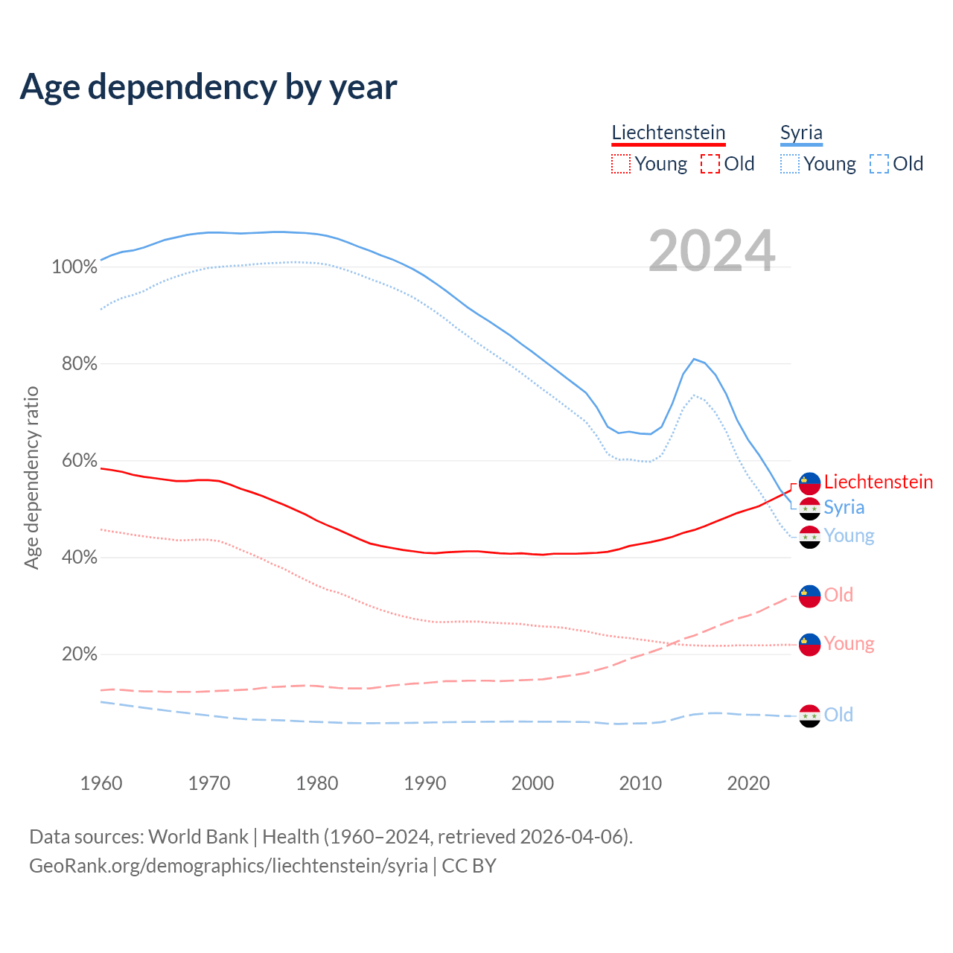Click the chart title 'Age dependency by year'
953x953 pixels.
coord(208,87)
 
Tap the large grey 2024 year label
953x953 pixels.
coord(712,251)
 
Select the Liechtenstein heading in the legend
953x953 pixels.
coord(668,133)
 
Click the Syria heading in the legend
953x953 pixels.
coord(801,133)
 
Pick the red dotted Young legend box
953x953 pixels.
coord(620,164)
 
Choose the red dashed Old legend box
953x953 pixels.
coord(710,164)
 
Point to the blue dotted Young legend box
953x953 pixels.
coord(790,164)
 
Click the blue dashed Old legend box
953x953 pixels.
coord(879,164)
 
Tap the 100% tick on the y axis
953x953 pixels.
coord(74,267)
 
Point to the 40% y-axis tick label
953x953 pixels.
coord(79,558)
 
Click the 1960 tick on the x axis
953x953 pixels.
coord(101,783)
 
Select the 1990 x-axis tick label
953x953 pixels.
coord(425,783)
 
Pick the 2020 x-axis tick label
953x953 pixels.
coord(748,783)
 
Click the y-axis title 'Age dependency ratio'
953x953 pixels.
coord(31,477)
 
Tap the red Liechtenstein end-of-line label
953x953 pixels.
coord(879,482)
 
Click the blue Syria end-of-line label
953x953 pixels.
coord(844,507)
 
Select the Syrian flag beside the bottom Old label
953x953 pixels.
coord(809,715)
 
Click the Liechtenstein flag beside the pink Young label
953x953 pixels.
coord(809,644)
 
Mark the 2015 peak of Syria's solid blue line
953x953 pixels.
coord(694,359)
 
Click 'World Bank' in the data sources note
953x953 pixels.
coord(198,837)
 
